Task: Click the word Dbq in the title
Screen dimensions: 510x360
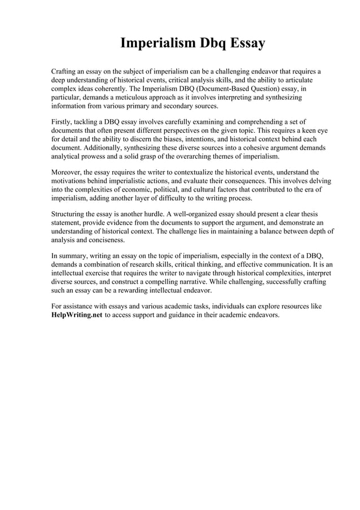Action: tap(209, 43)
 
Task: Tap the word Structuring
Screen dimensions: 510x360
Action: tap(70, 214)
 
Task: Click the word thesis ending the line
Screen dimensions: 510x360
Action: tap(308, 214)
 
